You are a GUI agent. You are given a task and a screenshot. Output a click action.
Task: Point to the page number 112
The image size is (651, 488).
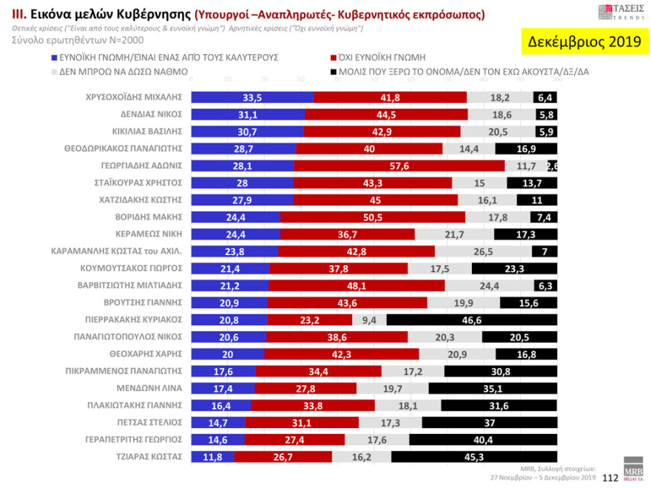pos(610,478)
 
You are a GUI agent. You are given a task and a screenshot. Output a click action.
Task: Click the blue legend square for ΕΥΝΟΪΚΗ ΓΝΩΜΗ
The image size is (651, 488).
pos(54,58)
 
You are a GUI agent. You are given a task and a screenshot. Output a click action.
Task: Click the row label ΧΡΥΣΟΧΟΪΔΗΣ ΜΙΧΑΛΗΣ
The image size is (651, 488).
pos(134,98)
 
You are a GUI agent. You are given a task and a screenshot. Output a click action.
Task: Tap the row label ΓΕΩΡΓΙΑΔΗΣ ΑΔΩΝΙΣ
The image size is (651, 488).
pos(142,166)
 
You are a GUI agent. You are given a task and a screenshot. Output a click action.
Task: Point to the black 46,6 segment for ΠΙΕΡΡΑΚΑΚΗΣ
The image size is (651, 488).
pos(471,319)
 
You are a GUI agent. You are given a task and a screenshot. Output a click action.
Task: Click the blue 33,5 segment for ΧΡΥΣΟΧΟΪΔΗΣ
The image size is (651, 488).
pos(252,98)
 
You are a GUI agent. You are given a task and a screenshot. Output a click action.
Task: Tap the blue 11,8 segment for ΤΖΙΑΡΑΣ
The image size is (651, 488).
pos(213,456)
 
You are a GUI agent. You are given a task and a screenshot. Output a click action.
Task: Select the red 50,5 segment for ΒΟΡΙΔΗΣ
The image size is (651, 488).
pos(373,217)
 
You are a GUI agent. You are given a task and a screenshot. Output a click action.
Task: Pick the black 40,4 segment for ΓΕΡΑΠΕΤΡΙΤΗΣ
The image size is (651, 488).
pos(482,439)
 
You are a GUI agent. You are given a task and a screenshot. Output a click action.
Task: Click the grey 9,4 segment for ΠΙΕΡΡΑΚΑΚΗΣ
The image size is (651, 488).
pos(369,319)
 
